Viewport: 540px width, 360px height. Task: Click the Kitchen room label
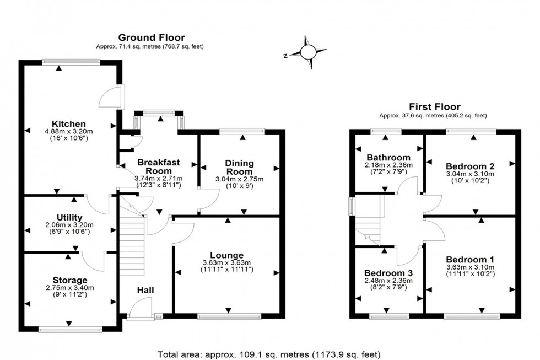tap(69, 123)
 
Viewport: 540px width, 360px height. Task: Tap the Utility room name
tap(69, 217)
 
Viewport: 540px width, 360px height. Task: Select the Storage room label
tap(70, 280)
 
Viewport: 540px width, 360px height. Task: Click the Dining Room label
tap(239, 167)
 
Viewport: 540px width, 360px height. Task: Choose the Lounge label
tap(226, 255)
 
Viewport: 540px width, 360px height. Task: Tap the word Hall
tap(145, 290)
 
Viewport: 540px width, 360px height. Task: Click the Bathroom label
tap(389, 157)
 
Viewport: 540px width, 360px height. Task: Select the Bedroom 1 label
tap(470, 260)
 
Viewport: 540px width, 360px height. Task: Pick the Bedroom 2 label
tap(470, 166)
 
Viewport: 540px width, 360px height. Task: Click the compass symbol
tap(308, 52)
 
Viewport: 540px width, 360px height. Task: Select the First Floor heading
tap(434, 106)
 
